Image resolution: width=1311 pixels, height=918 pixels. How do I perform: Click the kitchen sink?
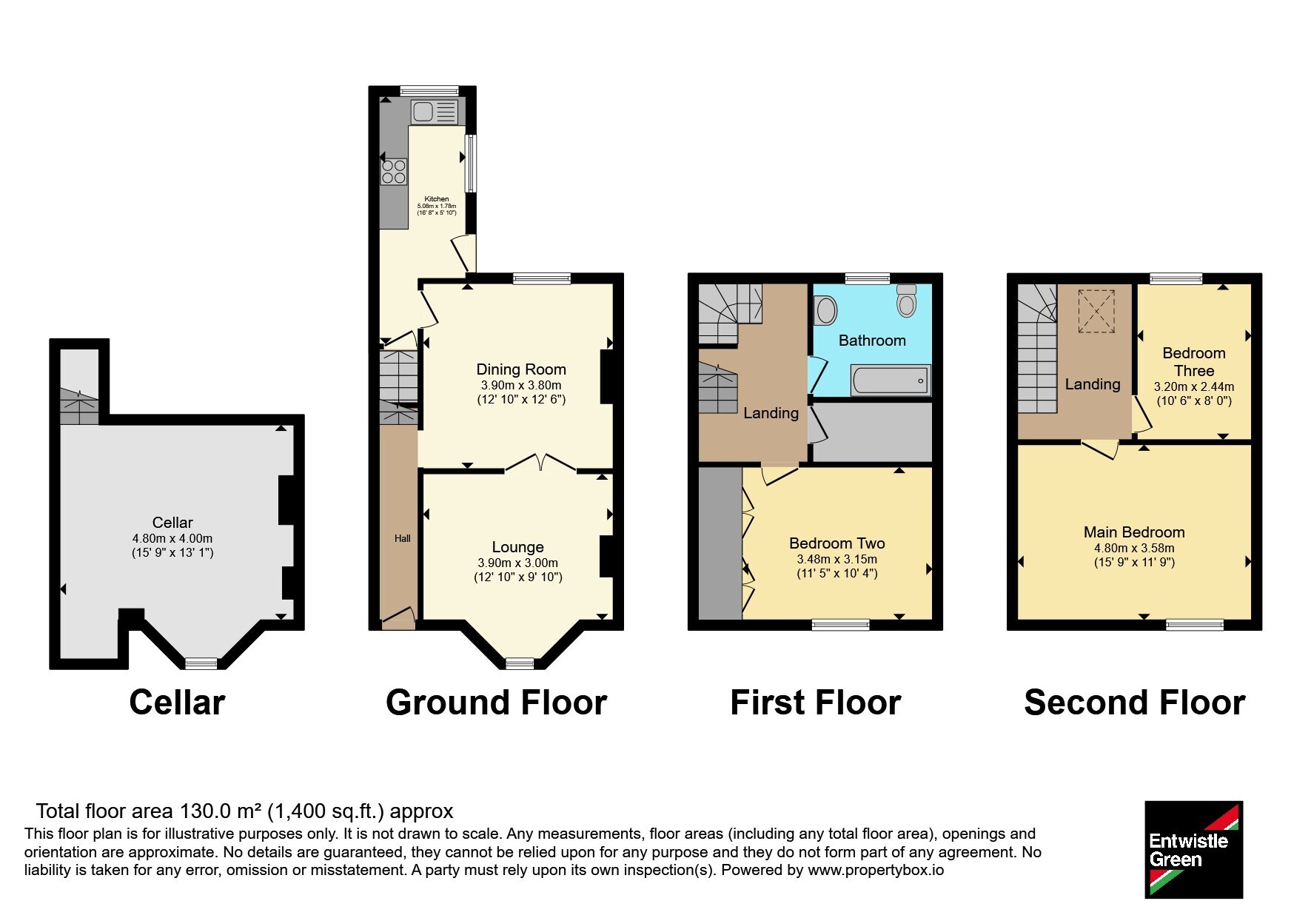pyautogui.click(x=435, y=112)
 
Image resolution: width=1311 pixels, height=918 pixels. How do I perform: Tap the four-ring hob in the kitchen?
pyautogui.click(x=394, y=172)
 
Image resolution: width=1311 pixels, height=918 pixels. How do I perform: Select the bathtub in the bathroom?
pyautogui.click(x=891, y=381)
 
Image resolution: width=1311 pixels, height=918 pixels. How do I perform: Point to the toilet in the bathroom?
pyautogui.click(x=906, y=300)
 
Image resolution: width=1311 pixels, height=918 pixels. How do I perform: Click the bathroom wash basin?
pyautogui.click(x=825, y=310)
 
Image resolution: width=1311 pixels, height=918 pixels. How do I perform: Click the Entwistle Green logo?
pyautogui.click(x=1193, y=849)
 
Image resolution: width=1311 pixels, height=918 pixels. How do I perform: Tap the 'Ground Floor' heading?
pyautogui.click(x=496, y=702)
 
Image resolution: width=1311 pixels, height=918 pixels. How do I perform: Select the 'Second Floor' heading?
pyautogui.click(x=1134, y=702)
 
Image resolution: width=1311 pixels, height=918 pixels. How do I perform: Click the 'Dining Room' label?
pyautogui.click(x=521, y=369)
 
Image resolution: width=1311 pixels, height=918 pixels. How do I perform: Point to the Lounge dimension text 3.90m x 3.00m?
pyautogui.click(x=518, y=563)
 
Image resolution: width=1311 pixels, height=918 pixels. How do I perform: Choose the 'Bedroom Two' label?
pyautogui.click(x=837, y=543)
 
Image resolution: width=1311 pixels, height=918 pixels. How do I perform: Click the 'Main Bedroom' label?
pyautogui.click(x=1134, y=532)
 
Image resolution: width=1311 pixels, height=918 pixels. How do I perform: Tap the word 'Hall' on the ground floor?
pyautogui.click(x=403, y=538)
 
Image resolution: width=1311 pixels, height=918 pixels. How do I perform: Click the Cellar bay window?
pyautogui.click(x=201, y=663)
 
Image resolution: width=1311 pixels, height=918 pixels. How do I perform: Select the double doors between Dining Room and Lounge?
pyautogui.click(x=540, y=463)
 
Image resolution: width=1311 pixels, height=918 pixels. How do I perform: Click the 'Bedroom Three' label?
pyautogui.click(x=1193, y=362)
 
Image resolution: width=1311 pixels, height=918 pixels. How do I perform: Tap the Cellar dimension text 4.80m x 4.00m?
pyautogui.click(x=172, y=538)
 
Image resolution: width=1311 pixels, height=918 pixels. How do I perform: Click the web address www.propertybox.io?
pyautogui.click(x=876, y=870)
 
